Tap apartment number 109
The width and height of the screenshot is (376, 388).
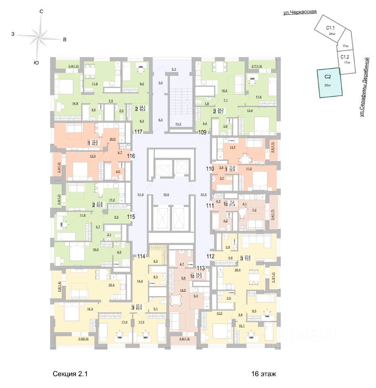pyautogui.click(x=202, y=132)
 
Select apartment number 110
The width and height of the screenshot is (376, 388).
pyautogui.click(x=209, y=169)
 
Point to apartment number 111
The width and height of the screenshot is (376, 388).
pyautogui.click(x=209, y=206)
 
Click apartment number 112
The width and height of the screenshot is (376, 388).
pyautogui.click(x=210, y=255)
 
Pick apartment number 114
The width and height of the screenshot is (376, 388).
pyautogui.click(x=141, y=255)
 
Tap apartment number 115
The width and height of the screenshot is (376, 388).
pyautogui.click(x=131, y=217)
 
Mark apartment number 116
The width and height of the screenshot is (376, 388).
pyautogui.click(x=131, y=156)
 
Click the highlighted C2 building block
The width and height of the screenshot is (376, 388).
pyautogui.click(x=330, y=83)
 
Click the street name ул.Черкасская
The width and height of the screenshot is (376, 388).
pyautogui.click(x=300, y=13)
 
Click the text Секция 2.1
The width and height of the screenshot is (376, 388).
pyautogui.click(x=70, y=374)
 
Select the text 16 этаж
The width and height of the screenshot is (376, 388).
pyautogui.click(x=263, y=374)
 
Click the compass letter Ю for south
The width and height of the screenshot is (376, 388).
pyautogui.click(x=36, y=62)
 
